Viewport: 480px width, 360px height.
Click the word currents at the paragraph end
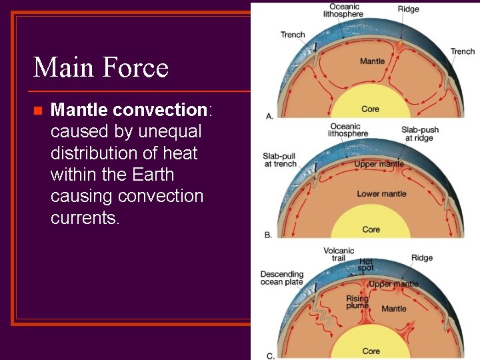85,218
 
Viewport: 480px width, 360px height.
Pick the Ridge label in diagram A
408,9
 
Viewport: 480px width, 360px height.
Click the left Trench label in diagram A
293,35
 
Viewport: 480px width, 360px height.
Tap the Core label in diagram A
370,109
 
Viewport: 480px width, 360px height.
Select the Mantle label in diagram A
372,61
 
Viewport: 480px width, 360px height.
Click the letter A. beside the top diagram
269,116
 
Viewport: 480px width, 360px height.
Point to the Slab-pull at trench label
279,160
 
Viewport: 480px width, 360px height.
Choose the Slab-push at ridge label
417,133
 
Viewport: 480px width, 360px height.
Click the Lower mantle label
381,194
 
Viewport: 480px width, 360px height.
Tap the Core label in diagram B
371,229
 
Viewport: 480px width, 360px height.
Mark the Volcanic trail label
339,255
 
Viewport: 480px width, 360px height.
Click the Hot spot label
366,265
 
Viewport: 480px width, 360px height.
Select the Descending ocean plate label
281,278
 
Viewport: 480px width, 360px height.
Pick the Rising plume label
357,302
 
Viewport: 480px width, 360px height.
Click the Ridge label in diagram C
421,258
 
